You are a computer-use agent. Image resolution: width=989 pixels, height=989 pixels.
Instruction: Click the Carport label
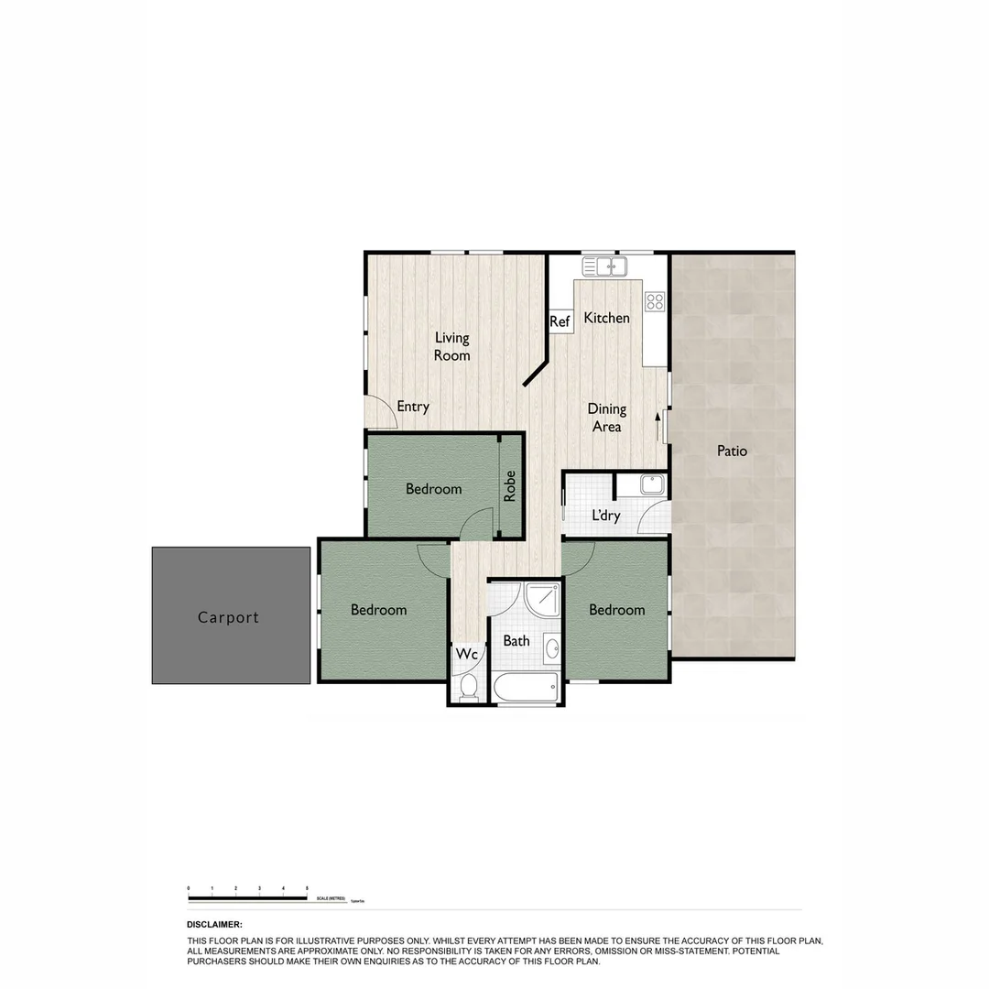228,617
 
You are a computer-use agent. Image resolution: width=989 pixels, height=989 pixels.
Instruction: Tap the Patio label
732,451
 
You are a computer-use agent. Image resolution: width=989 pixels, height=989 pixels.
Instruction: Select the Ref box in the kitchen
560,321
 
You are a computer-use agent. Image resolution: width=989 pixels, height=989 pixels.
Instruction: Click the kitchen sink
604,266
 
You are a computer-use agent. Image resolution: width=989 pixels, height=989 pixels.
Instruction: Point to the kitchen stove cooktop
654,301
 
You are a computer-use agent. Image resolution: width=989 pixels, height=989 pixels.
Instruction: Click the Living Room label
451,346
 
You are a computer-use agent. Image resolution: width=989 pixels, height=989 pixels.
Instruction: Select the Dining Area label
606,418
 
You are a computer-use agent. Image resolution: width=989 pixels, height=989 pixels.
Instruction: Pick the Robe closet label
510,485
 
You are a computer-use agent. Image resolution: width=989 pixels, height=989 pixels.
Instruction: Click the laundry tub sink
652,484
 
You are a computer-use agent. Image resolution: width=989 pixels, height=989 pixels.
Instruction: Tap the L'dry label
605,516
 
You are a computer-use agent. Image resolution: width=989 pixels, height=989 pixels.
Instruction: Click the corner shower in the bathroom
541,600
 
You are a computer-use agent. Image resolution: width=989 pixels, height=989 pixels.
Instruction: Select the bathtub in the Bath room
525,686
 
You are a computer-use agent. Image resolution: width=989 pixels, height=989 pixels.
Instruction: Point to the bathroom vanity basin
552,648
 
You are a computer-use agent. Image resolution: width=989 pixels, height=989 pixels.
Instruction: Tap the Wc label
466,655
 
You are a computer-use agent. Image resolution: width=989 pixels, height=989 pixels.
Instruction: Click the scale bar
247,898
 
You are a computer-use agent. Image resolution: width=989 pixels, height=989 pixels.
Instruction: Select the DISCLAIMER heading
214,925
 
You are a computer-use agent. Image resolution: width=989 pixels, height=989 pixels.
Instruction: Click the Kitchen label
606,318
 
